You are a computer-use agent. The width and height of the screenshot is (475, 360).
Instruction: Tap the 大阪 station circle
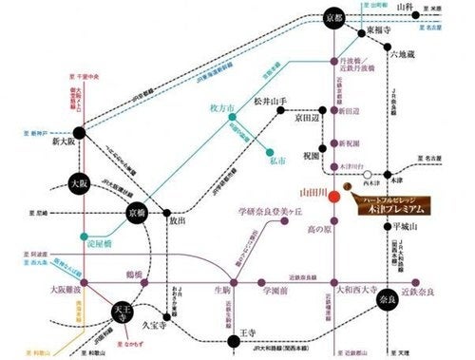pos(78,182)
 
